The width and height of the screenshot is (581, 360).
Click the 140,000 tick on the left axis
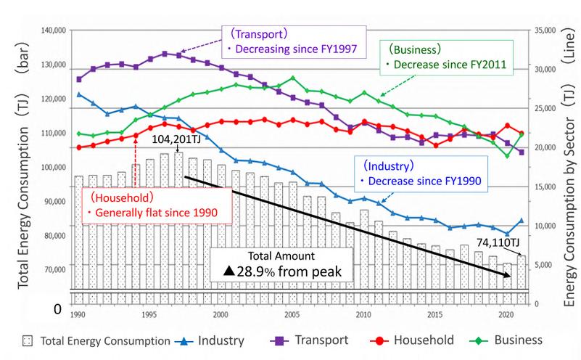pyautogui.click(x=54, y=30)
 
